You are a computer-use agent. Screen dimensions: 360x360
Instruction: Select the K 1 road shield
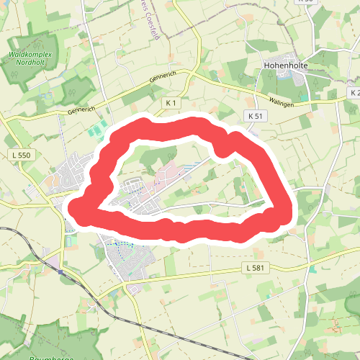pos(171,104)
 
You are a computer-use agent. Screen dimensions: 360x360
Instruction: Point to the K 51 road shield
pos(254,115)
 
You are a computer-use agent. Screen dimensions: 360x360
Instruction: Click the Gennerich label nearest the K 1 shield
pos(161,78)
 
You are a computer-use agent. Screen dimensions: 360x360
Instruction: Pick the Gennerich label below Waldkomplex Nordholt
pos(82,109)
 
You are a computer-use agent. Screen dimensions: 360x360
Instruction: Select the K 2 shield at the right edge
pos(354,94)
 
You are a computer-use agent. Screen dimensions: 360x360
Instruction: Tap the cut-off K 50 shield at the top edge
pos(308,2)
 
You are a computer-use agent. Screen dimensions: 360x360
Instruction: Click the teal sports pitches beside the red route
pos(94,130)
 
